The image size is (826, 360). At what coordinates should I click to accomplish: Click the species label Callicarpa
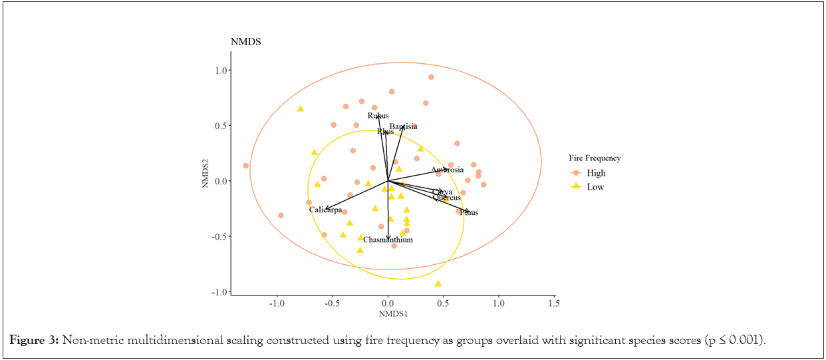click(325, 210)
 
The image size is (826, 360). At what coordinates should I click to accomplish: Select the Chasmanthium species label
click(388, 240)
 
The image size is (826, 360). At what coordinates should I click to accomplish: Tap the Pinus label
click(468, 213)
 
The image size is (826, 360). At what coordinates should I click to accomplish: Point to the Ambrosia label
click(447, 170)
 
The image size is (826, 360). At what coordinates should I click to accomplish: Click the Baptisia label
click(403, 126)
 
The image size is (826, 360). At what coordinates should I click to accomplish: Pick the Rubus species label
click(378, 116)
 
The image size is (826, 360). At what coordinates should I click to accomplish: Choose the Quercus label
click(446, 198)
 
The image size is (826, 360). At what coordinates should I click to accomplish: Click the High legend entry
click(596, 173)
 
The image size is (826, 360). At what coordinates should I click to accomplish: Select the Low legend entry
click(595, 187)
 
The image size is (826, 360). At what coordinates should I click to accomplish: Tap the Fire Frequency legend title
click(595, 158)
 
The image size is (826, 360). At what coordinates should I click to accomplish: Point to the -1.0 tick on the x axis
click(277, 303)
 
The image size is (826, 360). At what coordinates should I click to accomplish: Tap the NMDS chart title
click(245, 42)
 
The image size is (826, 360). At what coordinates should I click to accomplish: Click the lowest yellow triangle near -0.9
click(438, 284)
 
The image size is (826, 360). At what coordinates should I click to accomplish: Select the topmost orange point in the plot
click(431, 77)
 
